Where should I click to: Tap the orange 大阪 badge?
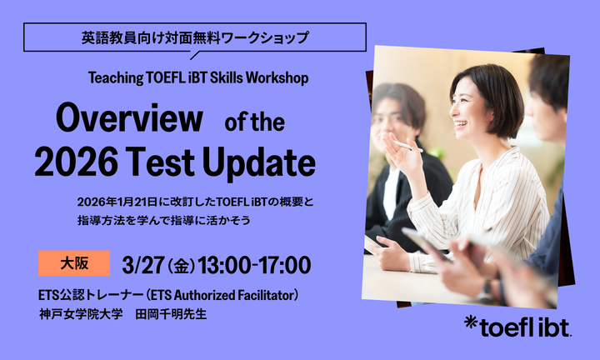pos(74,262)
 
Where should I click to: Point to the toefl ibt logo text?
pos(525,327)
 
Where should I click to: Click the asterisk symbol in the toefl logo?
pos(472,323)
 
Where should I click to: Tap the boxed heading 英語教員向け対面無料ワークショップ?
pos(195,37)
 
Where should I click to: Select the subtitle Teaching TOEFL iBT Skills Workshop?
pos(198,78)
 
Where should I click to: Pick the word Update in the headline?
pos(262,162)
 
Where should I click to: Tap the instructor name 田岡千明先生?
pos(182,314)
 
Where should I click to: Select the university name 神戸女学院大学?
pos(80,314)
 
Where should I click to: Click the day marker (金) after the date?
pos(181,266)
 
